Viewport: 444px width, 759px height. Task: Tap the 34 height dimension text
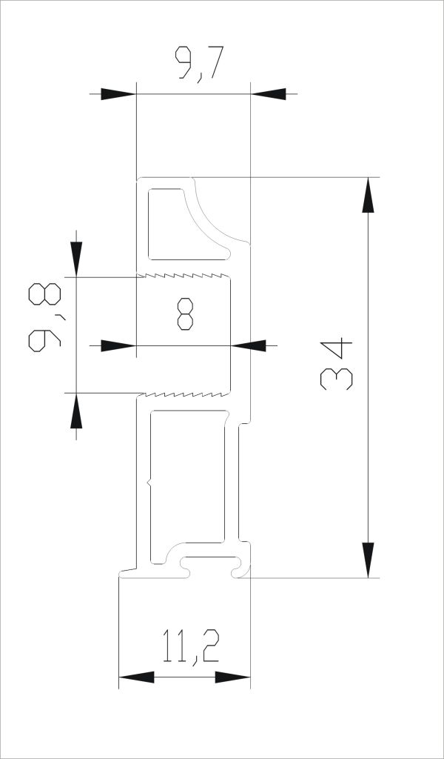coord(336,363)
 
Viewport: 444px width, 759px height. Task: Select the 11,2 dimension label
coord(191,647)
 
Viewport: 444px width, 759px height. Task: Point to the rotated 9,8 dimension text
coord(45,317)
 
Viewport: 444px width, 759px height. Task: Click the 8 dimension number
coord(185,314)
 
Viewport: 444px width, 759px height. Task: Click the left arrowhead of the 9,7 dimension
coord(118,94)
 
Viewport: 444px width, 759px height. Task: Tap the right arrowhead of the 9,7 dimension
coord(269,94)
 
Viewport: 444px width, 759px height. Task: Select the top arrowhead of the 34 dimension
coord(368,195)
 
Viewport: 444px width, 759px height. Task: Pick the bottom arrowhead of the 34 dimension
coord(368,560)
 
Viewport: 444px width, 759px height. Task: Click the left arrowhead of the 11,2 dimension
coord(136,677)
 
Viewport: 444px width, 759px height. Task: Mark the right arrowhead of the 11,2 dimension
coord(233,677)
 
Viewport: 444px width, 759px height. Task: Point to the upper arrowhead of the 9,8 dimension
coord(76,259)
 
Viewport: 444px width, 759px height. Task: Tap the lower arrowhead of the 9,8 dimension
coord(76,411)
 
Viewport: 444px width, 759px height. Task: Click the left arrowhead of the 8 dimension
coord(118,345)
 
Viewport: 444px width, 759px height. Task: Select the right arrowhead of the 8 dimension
coord(249,345)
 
